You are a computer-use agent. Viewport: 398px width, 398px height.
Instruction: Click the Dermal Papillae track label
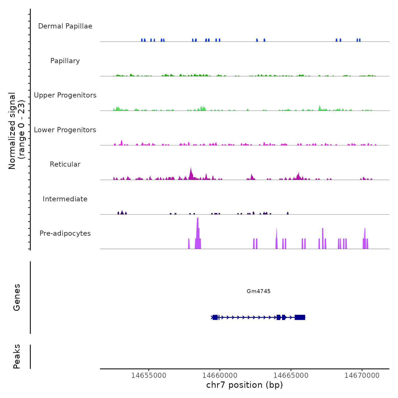pos(65,26)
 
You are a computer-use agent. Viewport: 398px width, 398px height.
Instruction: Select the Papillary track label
pos(65,61)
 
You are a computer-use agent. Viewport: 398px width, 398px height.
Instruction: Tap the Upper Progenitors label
pos(65,95)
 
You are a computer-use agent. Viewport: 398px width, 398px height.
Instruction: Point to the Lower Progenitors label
pos(65,130)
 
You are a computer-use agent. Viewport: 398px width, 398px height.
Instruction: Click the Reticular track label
pos(65,164)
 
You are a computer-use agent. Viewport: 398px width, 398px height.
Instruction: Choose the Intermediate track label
pos(65,199)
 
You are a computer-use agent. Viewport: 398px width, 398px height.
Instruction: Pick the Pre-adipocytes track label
pos(65,233)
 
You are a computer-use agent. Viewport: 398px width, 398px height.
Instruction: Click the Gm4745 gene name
pos(258,291)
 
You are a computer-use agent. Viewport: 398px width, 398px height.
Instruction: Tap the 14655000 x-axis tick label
pos(149,376)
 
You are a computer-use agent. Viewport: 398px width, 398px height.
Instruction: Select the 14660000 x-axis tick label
pos(220,376)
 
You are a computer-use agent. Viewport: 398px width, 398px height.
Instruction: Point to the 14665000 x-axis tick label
pos(291,376)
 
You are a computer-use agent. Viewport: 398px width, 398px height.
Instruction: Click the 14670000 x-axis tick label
pos(362,376)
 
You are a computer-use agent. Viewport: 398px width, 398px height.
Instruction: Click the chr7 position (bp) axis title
pos(244,385)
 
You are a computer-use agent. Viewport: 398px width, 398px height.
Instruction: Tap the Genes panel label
pos(17,297)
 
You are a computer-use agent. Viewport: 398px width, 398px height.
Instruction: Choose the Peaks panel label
pos(17,356)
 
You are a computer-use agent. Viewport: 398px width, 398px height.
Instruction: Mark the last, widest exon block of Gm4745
pos(300,317)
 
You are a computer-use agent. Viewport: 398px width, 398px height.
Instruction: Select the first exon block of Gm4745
pos(215,317)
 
